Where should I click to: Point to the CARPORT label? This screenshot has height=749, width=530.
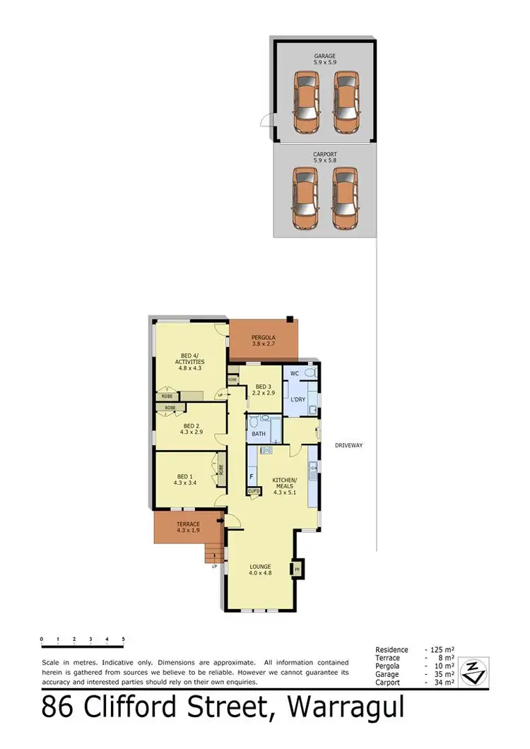pos(325,153)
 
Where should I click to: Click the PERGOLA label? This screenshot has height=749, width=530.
pos(264,338)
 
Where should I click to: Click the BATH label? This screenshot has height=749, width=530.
pos(259,433)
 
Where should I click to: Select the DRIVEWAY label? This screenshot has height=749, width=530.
pos(349,445)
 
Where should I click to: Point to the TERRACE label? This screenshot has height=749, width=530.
pos(188,524)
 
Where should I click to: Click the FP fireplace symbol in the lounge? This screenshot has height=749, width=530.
pos(297,568)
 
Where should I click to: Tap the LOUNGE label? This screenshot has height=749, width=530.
pos(260,566)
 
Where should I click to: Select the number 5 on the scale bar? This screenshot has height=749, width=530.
pos(123,639)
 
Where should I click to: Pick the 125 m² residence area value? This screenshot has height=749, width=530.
pos(442,649)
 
